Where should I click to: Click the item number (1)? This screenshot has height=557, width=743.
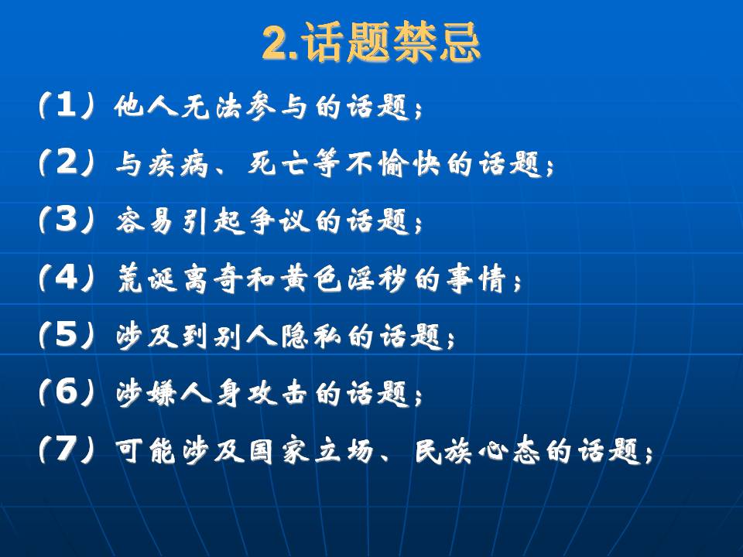(67, 104)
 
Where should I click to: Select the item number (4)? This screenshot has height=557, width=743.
(67, 277)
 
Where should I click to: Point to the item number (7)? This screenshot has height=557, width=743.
(67, 449)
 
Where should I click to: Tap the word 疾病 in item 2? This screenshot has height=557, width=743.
(179, 164)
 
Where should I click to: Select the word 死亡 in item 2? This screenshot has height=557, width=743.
(278, 164)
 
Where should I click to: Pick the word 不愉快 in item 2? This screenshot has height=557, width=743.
(393, 164)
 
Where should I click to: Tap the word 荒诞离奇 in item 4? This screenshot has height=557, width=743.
(178, 278)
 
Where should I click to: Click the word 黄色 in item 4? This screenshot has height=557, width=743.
(311, 278)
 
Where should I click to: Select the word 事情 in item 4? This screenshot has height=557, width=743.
(476, 278)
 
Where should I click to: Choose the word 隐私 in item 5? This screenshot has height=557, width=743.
(311, 337)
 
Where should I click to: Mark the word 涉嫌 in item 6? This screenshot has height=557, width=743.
(146, 394)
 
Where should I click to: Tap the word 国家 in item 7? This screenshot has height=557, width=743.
(279, 450)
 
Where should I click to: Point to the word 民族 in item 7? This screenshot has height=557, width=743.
(443, 450)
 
